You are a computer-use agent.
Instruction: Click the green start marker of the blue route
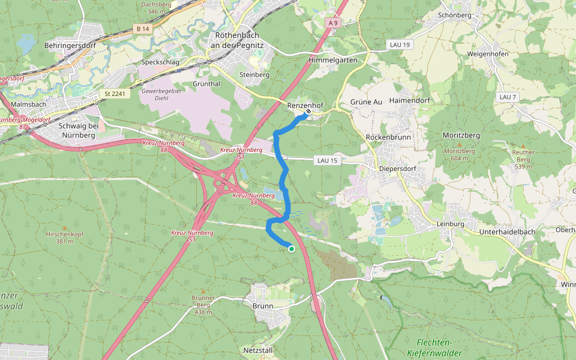click(292, 248)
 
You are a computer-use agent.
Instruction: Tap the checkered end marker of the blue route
click(308, 111)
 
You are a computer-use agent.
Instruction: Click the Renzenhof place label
click(305, 105)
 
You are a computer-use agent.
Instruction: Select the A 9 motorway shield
click(334, 22)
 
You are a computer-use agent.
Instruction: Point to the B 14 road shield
click(142, 29)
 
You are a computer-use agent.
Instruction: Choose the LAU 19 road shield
click(398, 45)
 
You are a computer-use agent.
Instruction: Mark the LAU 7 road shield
click(507, 97)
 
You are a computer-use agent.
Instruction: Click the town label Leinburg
click(450, 224)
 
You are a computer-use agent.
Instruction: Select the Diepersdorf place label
click(397, 169)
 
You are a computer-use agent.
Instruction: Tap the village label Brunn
click(263, 305)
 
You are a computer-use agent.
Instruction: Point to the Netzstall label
click(258, 349)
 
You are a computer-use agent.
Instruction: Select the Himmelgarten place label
click(332, 60)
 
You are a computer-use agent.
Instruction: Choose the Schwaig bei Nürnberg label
click(79, 130)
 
